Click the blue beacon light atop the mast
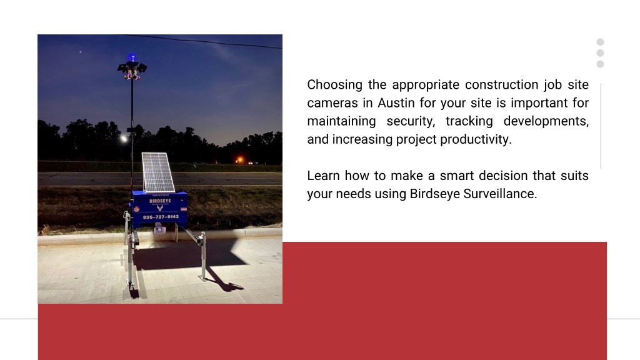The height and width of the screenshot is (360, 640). [132, 58]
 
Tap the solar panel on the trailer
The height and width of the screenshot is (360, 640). [158, 172]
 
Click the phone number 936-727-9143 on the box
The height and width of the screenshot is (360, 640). [161, 217]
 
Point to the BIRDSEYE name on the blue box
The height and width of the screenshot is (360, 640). [160, 201]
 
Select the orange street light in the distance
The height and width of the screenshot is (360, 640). [240, 159]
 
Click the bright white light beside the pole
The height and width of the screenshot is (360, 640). [124, 139]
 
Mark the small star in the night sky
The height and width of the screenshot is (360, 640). [81, 52]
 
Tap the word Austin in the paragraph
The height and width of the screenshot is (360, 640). [396, 103]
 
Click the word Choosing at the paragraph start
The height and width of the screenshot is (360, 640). [335, 85]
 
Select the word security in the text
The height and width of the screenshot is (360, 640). [411, 121]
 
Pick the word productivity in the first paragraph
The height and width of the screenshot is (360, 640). [476, 139]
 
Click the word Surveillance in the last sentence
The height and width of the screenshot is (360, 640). [500, 194]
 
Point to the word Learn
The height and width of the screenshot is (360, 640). [323, 176]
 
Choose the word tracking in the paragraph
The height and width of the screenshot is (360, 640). [469, 121]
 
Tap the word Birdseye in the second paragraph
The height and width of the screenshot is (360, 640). [435, 194]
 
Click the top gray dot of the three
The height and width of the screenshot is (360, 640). [600, 42]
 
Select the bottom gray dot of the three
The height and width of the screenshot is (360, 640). [600, 64]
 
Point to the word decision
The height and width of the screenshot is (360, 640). [503, 176]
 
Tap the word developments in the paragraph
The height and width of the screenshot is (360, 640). [546, 121]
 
